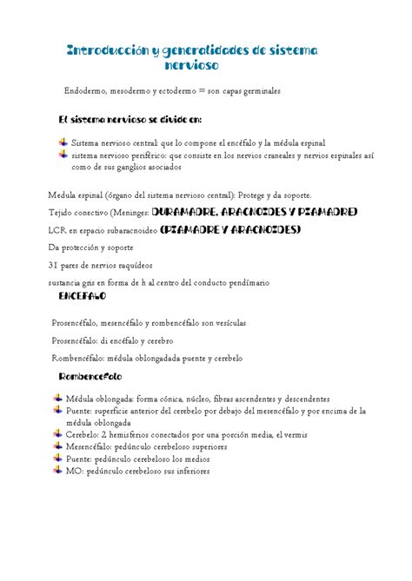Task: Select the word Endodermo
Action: point(84,90)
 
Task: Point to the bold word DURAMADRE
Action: point(186,211)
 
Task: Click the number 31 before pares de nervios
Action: point(53,265)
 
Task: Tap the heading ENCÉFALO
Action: point(82,296)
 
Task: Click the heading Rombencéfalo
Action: point(90,377)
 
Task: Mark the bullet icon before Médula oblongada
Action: point(57,398)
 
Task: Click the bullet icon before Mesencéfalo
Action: point(57,447)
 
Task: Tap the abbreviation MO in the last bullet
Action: point(74,472)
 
